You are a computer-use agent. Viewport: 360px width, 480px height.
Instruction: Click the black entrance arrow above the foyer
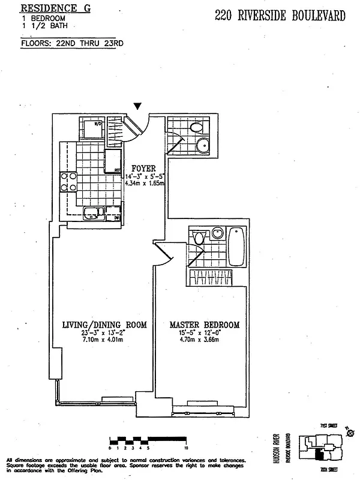(138, 106)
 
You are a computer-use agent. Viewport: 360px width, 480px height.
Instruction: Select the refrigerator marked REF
(113, 161)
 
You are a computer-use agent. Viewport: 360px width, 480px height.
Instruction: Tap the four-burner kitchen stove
(68, 181)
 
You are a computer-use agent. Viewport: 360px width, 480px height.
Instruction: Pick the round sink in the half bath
(203, 145)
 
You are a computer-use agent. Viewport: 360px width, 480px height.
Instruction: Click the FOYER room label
(144, 169)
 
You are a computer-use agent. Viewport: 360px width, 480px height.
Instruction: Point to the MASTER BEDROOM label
(205, 325)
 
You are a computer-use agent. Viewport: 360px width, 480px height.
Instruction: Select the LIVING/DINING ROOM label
(104, 325)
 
